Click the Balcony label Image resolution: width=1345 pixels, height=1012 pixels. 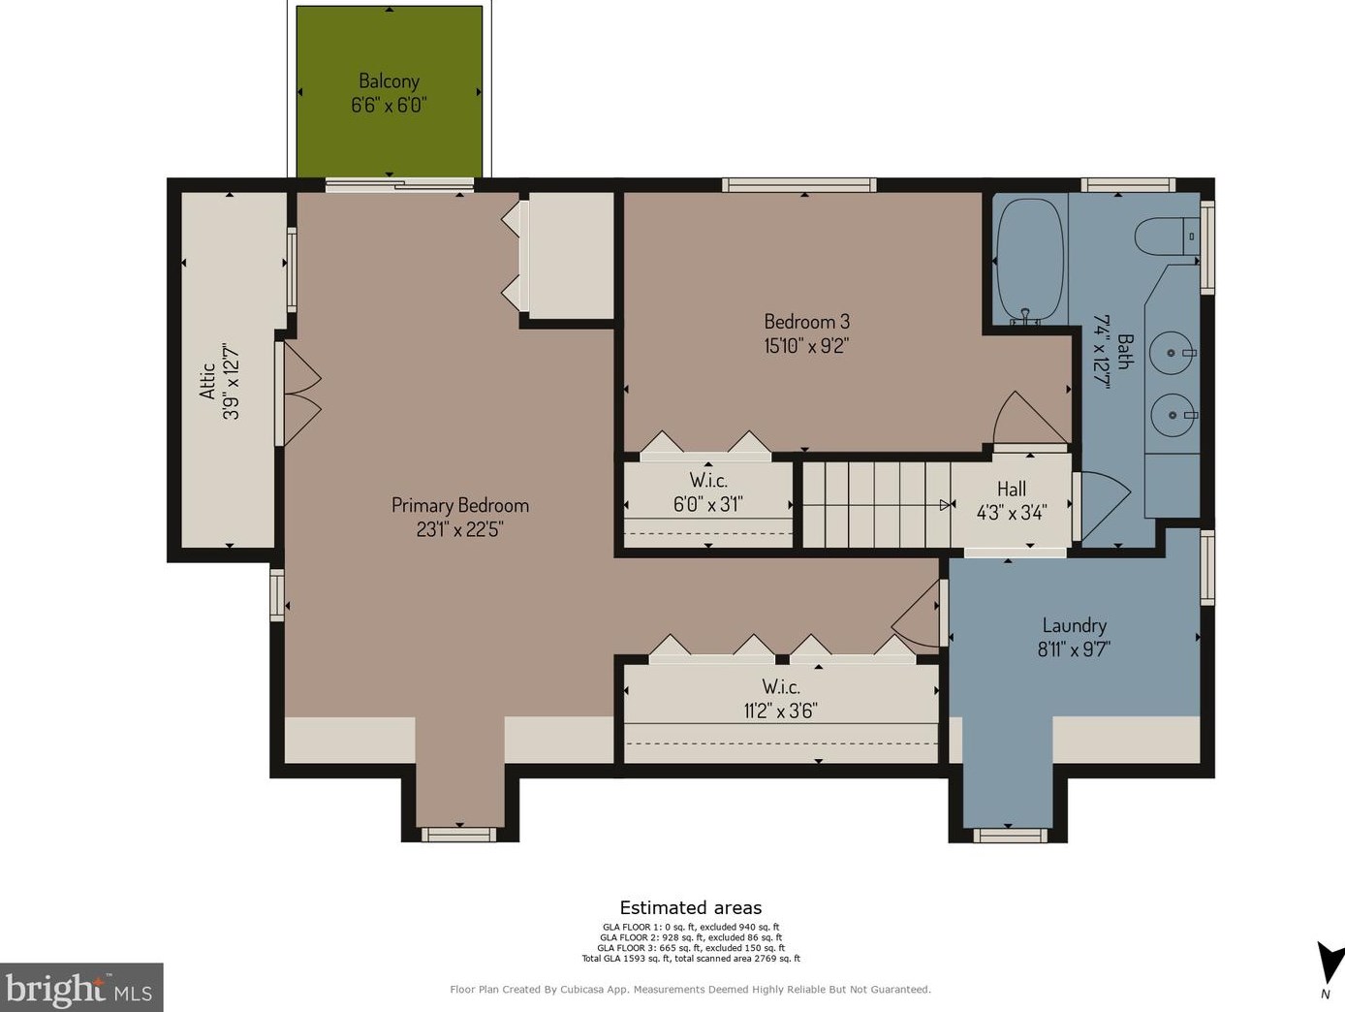(x=390, y=80)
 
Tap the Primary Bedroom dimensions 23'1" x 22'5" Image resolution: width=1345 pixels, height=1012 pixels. (x=459, y=529)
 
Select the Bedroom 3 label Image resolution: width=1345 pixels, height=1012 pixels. (x=806, y=321)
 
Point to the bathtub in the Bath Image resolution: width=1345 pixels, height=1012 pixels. (x=1030, y=260)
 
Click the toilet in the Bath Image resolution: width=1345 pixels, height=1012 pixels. (x=1167, y=236)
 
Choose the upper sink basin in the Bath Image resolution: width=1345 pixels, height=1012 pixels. (x=1172, y=353)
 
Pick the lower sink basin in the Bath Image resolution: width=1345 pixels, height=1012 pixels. (x=1173, y=415)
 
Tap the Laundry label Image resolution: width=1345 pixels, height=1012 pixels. (x=1075, y=626)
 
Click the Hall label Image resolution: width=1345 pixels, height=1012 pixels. (x=1011, y=489)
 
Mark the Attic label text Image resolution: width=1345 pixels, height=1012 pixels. (x=207, y=381)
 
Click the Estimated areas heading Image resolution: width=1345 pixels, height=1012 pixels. (x=691, y=908)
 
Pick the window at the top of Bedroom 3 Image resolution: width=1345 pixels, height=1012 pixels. (x=799, y=184)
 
